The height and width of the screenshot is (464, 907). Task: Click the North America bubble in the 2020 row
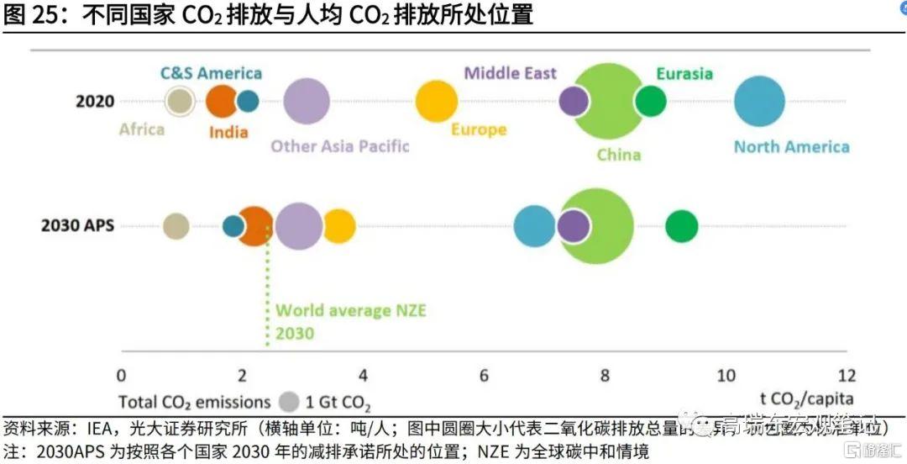click(x=759, y=101)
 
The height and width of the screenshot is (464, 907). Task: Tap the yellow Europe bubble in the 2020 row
click(x=437, y=101)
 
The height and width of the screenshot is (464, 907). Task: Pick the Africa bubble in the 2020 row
click(x=179, y=101)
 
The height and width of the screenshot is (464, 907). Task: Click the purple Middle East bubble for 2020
click(x=574, y=101)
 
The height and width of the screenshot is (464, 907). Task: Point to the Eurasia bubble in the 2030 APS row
click(x=682, y=226)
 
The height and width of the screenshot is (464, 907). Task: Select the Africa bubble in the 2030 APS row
click(x=176, y=226)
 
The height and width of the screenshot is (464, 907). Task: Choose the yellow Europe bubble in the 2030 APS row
click(x=340, y=226)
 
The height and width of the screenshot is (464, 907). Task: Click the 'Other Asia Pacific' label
click(x=339, y=146)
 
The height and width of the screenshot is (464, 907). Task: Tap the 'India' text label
click(x=228, y=132)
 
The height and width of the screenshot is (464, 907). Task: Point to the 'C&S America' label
click(x=211, y=73)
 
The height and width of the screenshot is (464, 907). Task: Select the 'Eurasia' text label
click(x=684, y=73)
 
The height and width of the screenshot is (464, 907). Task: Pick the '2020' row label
click(x=94, y=102)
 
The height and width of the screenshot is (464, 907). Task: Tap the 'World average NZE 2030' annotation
click(x=351, y=322)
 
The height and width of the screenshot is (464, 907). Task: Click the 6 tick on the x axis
click(x=485, y=375)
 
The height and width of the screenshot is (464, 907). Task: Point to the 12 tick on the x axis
click(x=847, y=375)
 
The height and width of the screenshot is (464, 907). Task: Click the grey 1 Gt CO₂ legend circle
click(x=290, y=402)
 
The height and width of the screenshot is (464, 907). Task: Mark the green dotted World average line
click(x=267, y=294)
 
